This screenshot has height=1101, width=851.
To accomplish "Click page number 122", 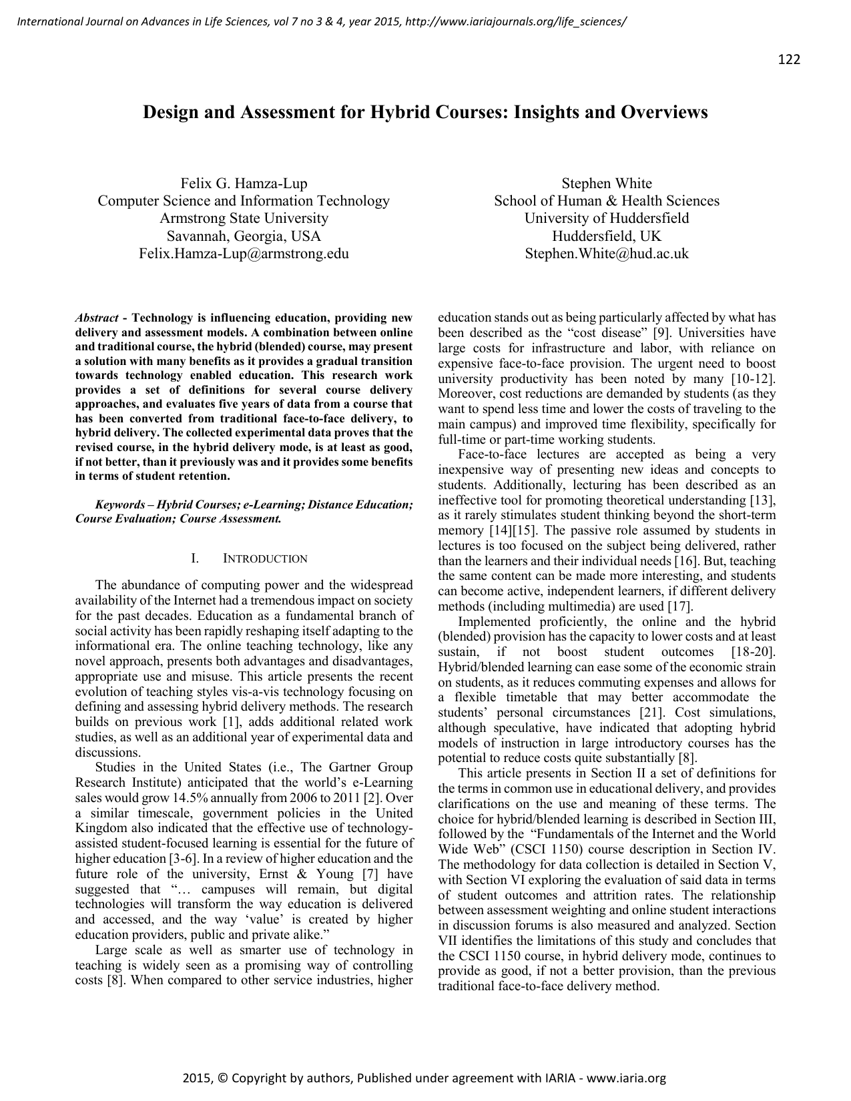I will click(788, 59).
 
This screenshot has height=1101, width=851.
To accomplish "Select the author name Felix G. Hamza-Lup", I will click(244, 183).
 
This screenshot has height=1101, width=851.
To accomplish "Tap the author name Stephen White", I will click(606, 183).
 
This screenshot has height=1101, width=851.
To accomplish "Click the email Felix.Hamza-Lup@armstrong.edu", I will click(244, 254).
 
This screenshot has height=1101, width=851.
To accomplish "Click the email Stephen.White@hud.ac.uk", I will click(606, 254).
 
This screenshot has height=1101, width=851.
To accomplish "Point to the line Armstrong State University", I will click(244, 218).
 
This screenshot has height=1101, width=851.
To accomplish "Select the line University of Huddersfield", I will click(606, 218).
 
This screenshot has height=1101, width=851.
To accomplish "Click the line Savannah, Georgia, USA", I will click(244, 236).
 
